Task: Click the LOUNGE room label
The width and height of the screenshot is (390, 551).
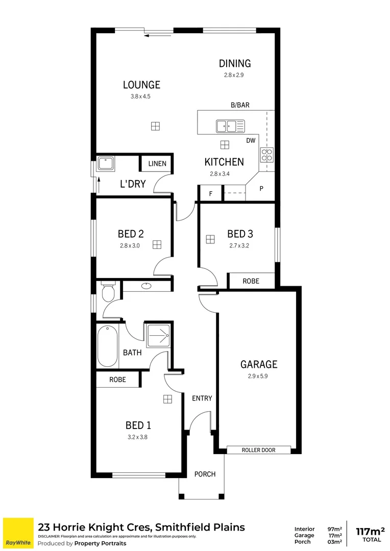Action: click(x=141, y=85)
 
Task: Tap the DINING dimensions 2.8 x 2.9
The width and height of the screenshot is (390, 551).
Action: click(x=235, y=74)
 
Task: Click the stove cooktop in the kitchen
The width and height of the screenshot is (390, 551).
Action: click(x=267, y=154)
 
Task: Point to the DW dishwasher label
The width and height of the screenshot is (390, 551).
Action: click(x=251, y=140)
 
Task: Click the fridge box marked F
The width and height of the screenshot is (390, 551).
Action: click(x=210, y=194)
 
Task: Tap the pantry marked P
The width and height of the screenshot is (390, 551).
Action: click(x=261, y=188)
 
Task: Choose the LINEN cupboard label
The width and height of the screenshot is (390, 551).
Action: click(x=157, y=164)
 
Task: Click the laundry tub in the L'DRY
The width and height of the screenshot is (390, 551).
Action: click(x=106, y=163)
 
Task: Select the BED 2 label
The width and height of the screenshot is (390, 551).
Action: click(x=131, y=234)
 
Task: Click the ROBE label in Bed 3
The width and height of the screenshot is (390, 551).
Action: click(x=251, y=281)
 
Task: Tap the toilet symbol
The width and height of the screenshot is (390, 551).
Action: click(x=108, y=293)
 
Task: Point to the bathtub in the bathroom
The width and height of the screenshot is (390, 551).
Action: click(x=107, y=345)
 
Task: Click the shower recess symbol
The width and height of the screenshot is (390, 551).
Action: click(x=158, y=335)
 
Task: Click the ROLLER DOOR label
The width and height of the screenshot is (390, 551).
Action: click(x=258, y=450)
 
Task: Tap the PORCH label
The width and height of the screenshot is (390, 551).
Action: click(x=205, y=474)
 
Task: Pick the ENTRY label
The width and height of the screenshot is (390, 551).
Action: click(x=202, y=398)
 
